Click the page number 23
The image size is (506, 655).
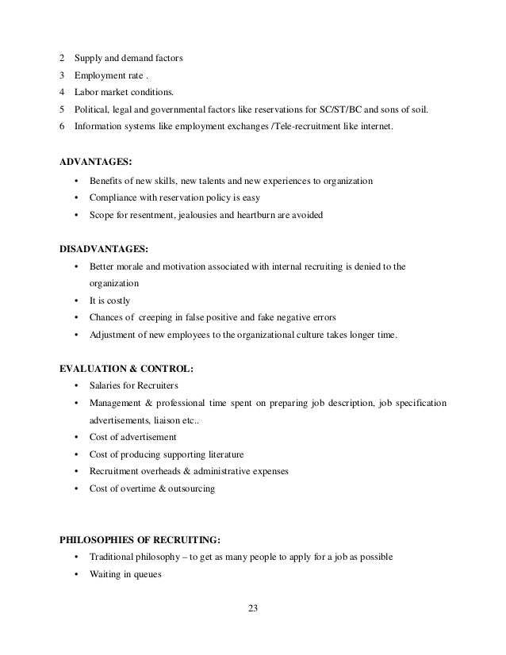click(x=252, y=609)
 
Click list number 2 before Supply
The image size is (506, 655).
click(x=63, y=58)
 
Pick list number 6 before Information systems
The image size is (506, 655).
click(x=63, y=126)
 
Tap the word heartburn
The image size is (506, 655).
click(x=267, y=216)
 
